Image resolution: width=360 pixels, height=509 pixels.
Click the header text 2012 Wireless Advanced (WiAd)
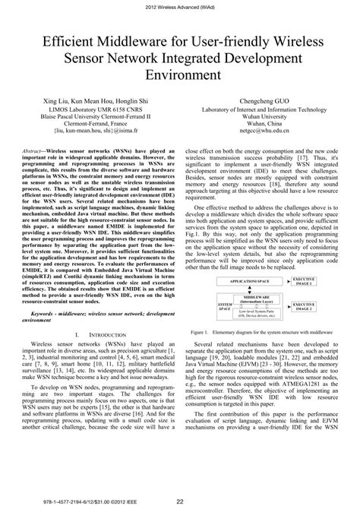[180, 7]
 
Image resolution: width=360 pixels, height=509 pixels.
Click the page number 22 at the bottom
[179, 499]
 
